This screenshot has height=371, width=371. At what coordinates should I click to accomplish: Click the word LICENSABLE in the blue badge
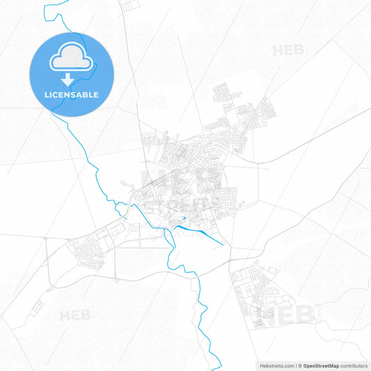(72, 94)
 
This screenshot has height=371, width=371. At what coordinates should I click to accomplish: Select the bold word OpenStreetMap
(319, 365)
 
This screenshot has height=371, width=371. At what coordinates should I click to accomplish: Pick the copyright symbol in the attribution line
(300, 365)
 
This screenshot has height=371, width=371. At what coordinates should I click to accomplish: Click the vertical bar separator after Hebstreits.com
(295, 365)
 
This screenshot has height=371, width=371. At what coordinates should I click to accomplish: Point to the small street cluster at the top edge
(131, 5)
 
